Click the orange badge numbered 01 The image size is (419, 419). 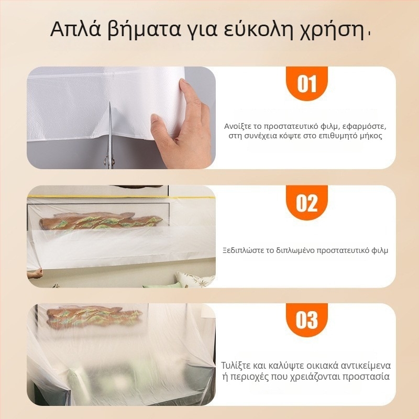[307, 84]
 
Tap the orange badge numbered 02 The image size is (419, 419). [307, 203]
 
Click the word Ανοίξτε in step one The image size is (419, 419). [237, 126]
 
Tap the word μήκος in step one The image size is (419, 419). [370, 136]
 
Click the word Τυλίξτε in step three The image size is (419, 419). [235, 365]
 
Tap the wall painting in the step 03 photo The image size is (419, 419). [94, 317]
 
